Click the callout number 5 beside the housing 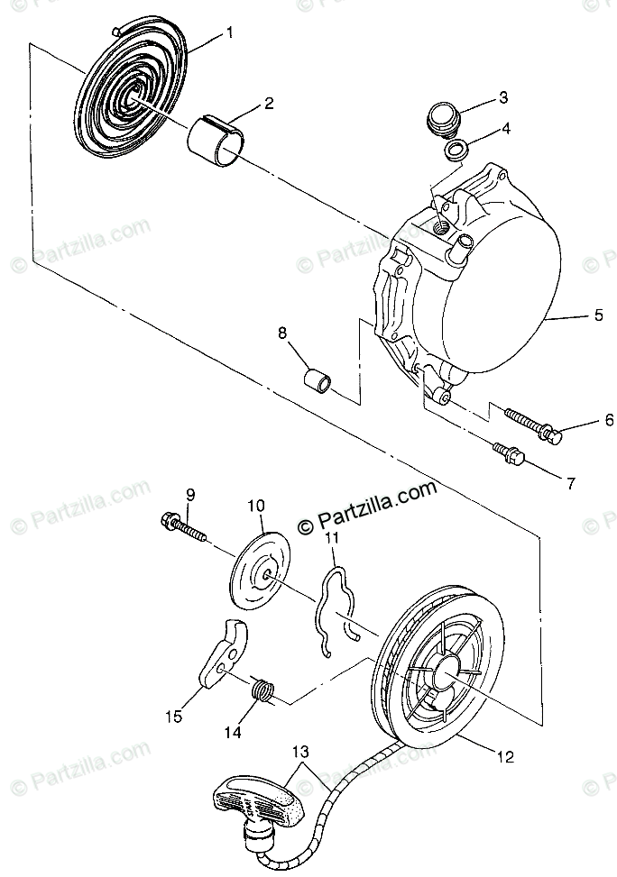[x=599, y=316]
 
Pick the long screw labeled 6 [x=533, y=425]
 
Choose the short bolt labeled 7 [x=509, y=453]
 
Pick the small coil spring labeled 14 [x=262, y=690]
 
